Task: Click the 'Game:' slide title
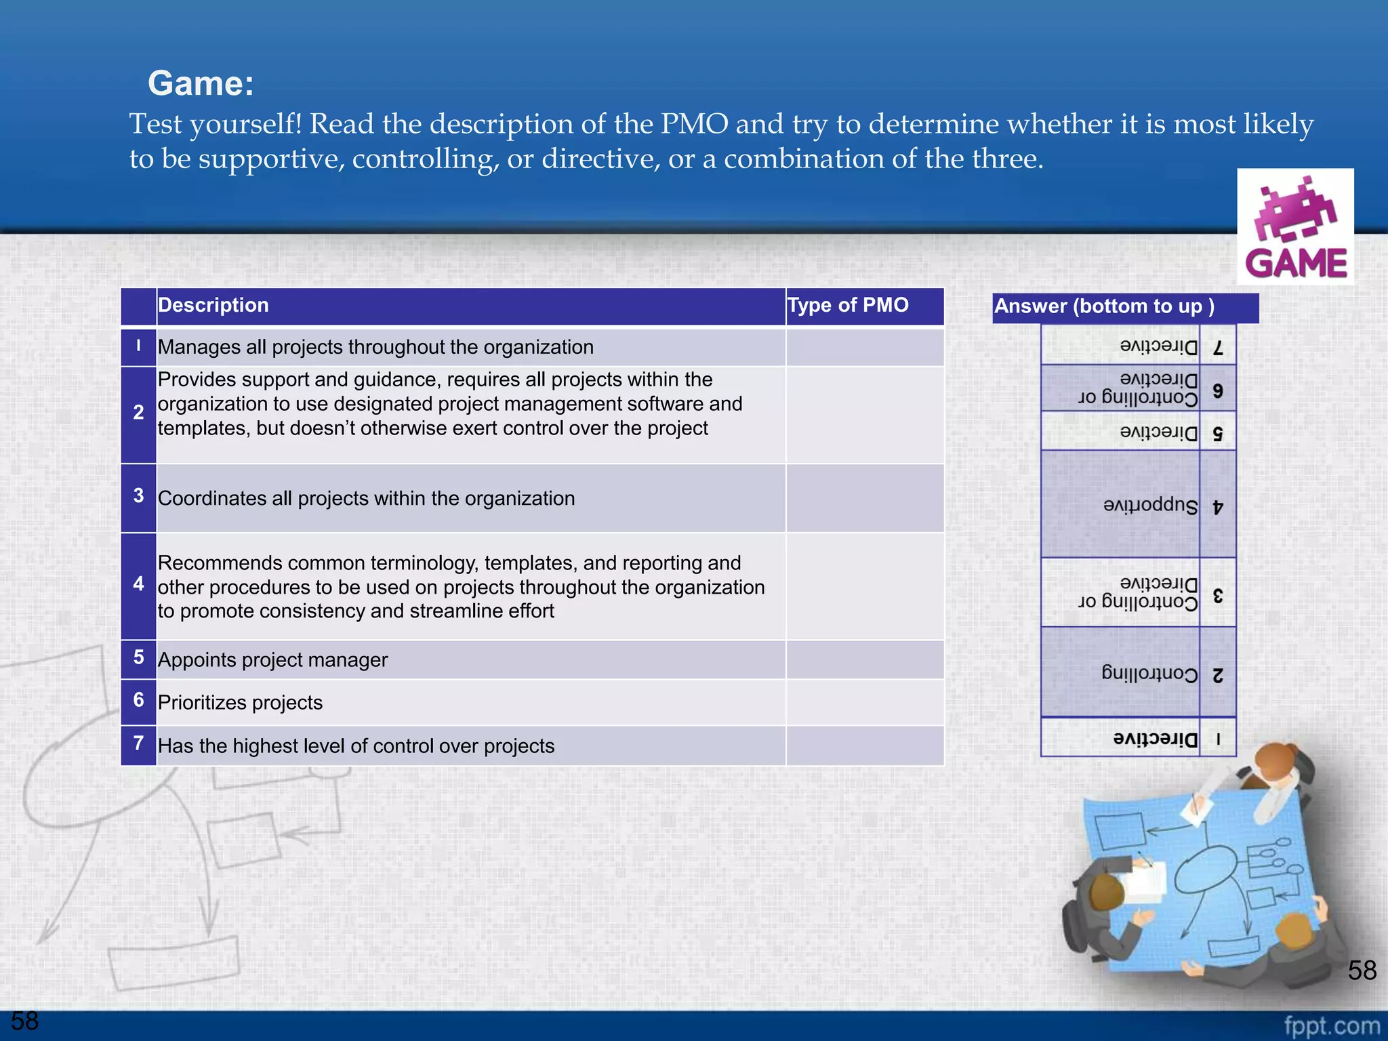[x=201, y=83]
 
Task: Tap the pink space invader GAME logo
[x=1295, y=226]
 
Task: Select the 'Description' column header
[x=213, y=305]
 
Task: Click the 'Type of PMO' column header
[x=848, y=305]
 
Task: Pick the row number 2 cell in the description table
[x=138, y=413]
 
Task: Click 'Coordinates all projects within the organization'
[x=366, y=498]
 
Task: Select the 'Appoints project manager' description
[x=272, y=659]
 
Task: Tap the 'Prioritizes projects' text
[x=240, y=702]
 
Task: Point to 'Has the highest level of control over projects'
[x=356, y=746]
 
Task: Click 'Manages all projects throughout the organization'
[x=375, y=347]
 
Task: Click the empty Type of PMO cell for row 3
[x=865, y=498]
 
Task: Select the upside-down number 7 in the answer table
[x=1218, y=348]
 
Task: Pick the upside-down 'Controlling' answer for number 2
[x=1149, y=673]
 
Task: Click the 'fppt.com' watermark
[x=1331, y=1025]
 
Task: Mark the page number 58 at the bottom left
[x=25, y=1021]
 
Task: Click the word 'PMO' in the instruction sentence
[x=695, y=124]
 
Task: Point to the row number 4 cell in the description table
[x=138, y=584]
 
